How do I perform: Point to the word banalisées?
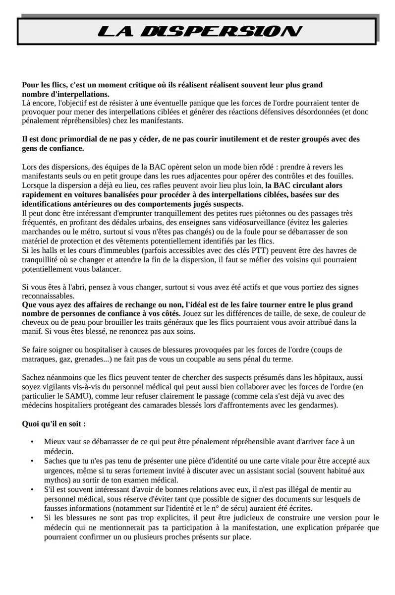[x=111, y=194]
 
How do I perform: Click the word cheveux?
[x=37, y=323]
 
